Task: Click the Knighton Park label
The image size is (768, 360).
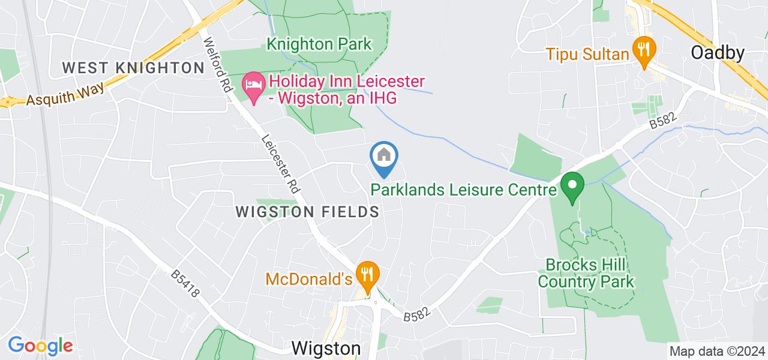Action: tap(319, 44)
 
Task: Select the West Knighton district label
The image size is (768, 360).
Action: tap(134, 68)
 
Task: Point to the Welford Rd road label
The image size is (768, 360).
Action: tap(218, 65)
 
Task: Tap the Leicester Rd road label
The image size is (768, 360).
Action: tap(280, 163)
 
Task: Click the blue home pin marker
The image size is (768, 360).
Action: tap(384, 157)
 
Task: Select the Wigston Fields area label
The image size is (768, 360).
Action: tap(308, 212)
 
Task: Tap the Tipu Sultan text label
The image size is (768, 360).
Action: tap(587, 55)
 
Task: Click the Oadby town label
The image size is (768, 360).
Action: tap(718, 53)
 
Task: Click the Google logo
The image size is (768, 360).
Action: tap(40, 346)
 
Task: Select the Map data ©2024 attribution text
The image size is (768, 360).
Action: tap(718, 352)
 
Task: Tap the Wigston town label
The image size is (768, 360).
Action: tap(326, 349)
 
